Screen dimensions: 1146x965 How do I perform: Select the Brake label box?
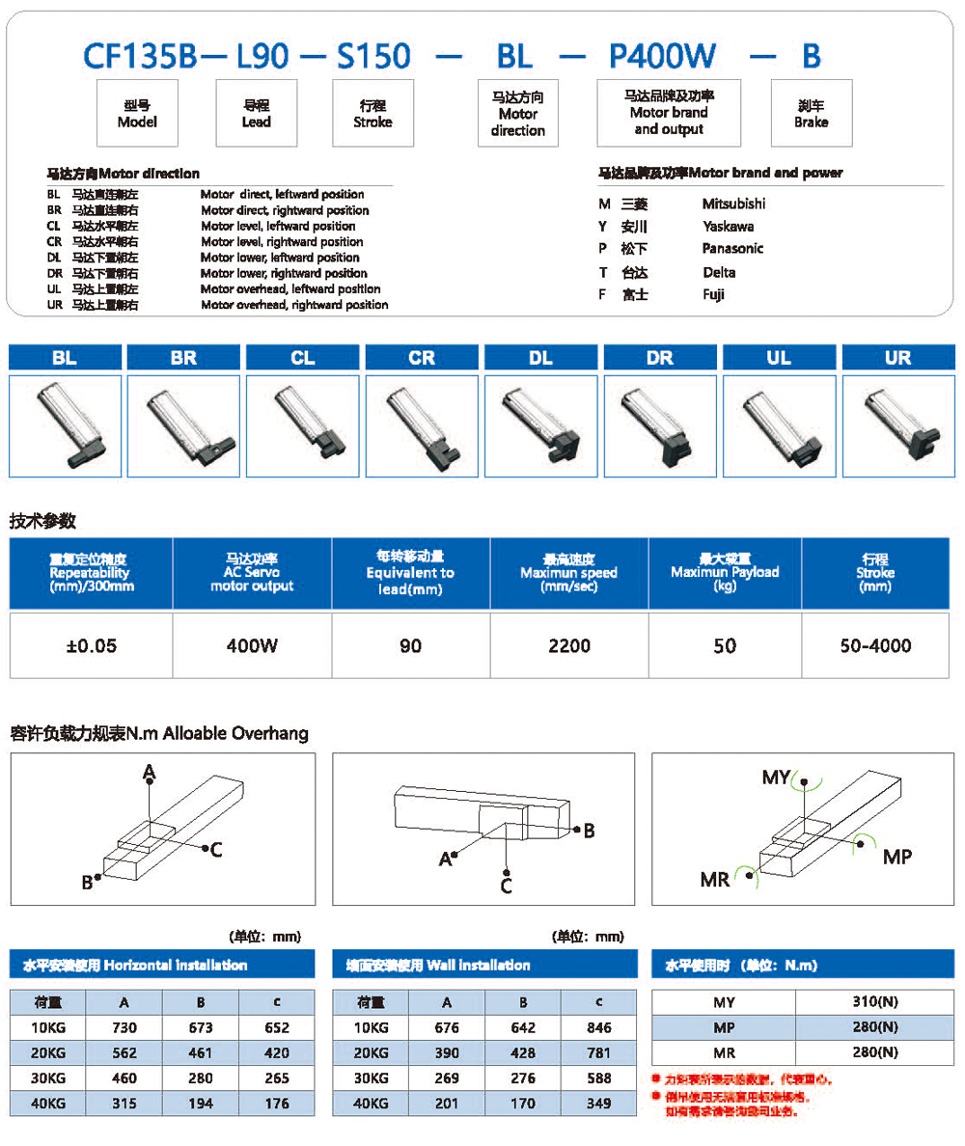[x=811, y=114]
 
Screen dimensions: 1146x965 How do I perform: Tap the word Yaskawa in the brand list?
[x=728, y=226]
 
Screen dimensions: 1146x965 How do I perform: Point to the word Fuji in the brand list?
[x=714, y=294]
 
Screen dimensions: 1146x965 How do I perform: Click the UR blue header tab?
[x=897, y=358]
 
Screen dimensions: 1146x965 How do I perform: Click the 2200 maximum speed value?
[x=569, y=645]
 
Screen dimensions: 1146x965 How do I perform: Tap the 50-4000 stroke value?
[x=874, y=645]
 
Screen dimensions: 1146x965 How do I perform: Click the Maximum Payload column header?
[x=725, y=572]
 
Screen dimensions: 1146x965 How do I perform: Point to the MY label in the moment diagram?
[x=776, y=778]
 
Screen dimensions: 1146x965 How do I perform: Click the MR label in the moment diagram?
[x=715, y=878]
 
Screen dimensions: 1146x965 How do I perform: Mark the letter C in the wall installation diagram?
[x=507, y=886]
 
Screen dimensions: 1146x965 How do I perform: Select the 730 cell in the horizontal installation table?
[x=124, y=1028]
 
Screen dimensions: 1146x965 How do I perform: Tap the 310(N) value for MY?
[x=875, y=1003]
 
